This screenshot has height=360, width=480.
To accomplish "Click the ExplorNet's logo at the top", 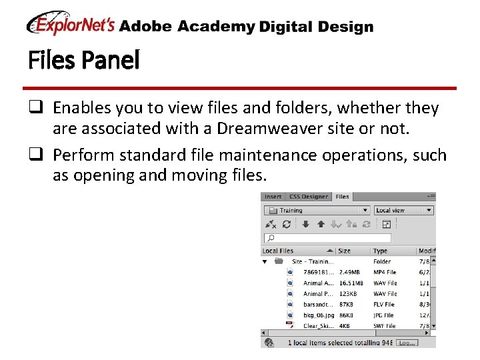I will (x=71, y=25).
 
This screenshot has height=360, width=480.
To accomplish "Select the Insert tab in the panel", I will (x=273, y=197).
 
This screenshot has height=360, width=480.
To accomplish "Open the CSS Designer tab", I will (x=308, y=197).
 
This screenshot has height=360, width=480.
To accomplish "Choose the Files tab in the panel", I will (x=342, y=197).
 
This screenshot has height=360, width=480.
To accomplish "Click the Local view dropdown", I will (x=403, y=210).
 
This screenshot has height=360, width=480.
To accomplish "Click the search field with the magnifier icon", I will (x=328, y=237).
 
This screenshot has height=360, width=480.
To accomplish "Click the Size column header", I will (x=345, y=251).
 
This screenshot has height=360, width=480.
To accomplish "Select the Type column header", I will (x=381, y=251).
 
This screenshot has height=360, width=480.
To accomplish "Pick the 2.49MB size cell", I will (x=350, y=272).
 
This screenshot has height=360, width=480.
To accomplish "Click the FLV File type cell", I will (x=384, y=304).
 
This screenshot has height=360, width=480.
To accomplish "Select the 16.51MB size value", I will (x=351, y=283).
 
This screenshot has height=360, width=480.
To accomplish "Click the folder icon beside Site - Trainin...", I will (x=279, y=261).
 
